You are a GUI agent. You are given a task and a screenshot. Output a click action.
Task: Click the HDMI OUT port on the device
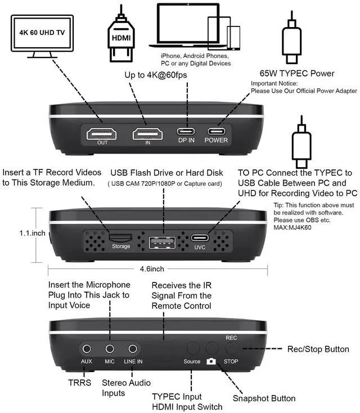click(101, 133)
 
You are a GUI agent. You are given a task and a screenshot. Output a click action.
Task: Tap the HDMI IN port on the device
click(147, 133)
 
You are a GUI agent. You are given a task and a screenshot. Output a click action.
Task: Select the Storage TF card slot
click(120, 238)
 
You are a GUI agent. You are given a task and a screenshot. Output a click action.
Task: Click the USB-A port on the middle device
click(162, 244)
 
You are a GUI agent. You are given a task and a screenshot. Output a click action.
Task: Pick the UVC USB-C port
click(199, 237)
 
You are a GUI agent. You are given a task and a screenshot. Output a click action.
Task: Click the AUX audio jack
click(87, 349)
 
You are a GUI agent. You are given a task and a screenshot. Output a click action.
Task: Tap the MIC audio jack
click(110, 349)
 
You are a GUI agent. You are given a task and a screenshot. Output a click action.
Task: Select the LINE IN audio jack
click(133, 349)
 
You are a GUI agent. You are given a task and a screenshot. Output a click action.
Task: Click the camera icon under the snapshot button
click(211, 361)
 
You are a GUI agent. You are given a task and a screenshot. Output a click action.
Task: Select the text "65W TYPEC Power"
click(297, 73)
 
